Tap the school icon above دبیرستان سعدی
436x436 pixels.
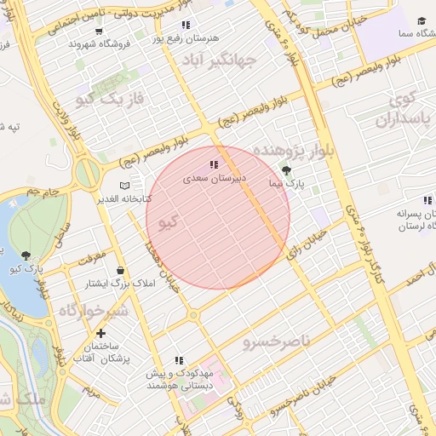click(213, 165)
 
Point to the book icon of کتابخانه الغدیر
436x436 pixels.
click(126, 185)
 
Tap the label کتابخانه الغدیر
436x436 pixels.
click(126, 198)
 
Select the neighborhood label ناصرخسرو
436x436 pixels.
click(272, 342)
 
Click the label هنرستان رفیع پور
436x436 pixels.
click(186, 38)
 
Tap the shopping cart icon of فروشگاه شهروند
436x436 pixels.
click(100, 32)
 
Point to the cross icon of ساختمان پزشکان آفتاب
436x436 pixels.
click(101, 333)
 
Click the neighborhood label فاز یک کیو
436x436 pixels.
click(111, 100)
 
